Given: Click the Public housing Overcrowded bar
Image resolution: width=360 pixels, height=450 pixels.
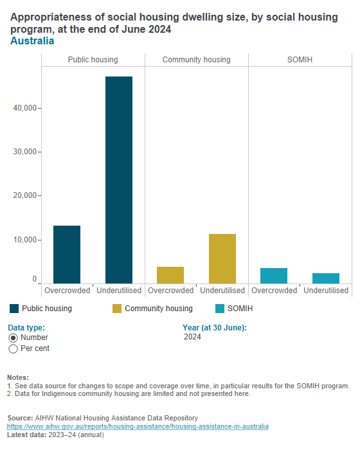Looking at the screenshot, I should point(67,255).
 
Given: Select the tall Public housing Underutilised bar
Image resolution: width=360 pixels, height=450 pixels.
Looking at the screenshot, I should point(119,180).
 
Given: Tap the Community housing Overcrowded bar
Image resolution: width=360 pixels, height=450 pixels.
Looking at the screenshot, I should point(170,275).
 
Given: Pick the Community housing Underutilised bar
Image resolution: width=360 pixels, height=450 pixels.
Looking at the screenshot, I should point(222,258).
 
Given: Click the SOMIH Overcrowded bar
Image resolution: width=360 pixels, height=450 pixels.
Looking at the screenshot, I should point(274,276).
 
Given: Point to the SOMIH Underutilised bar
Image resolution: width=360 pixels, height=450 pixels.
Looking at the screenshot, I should point(326,278).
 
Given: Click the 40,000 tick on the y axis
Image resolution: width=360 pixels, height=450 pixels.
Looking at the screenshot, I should point(26,108).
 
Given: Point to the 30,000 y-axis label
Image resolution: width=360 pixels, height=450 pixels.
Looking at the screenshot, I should point(26,152).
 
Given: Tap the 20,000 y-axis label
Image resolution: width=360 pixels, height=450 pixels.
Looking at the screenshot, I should point(26,195).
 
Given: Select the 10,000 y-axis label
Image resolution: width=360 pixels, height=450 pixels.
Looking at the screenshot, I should point(26,240).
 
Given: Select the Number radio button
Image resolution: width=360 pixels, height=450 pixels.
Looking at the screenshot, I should point(13,337).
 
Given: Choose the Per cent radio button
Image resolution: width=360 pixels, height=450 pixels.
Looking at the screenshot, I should point(13,348).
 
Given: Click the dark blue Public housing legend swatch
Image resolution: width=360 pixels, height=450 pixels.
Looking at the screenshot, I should point(14,309).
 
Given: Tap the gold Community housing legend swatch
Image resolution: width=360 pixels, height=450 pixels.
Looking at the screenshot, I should point(117,309).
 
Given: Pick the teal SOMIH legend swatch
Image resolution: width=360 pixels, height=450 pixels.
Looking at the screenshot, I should point(220,309).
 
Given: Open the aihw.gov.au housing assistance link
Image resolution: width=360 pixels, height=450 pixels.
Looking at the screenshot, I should point(138,427).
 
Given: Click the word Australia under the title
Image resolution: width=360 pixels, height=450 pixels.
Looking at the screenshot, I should point(32,41).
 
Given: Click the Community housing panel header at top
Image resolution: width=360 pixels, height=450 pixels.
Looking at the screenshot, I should point(196,60).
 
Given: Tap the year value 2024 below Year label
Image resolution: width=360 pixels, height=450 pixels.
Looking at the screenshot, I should point(192,337).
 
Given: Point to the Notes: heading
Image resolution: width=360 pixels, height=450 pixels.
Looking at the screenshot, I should point(18,377).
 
